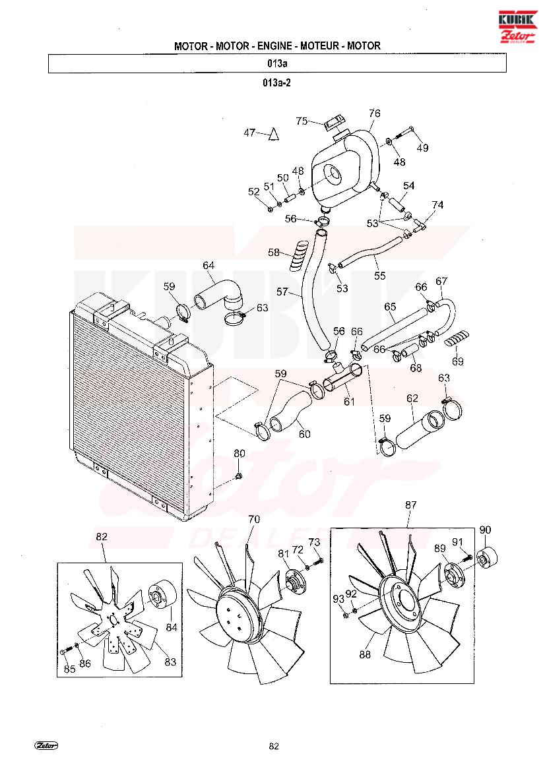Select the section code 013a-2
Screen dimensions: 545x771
coord(277,82)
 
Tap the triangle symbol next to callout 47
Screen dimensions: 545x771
coord(273,134)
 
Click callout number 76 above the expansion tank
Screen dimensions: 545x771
coord(374,113)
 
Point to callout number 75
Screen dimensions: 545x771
coord(302,121)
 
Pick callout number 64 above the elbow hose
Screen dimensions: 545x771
coord(208,266)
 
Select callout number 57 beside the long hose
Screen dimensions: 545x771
coord(282,292)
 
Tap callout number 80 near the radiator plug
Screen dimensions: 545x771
coord(239,453)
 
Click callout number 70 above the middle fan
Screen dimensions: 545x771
coord(254,519)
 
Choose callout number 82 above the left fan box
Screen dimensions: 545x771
coord(102,536)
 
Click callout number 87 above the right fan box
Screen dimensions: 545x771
coord(410,505)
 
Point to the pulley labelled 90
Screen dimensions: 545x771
coord(487,556)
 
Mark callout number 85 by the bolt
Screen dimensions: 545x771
coord(69,669)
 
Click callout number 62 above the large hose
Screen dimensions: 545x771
coord(412,398)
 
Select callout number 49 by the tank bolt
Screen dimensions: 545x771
coord(422,148)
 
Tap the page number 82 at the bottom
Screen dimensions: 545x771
coord(274,746)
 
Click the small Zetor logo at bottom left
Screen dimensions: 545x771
coord(46,745)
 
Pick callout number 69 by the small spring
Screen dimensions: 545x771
coord(457,361)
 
